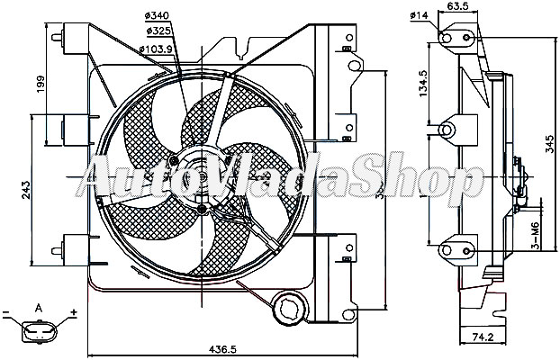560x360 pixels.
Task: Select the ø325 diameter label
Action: [x=158, y=31]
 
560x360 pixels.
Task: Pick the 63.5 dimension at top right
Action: [x=461, y=7]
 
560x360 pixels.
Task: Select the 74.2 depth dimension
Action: [x=483, y=337]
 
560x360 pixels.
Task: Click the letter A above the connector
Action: [x=39, y=309]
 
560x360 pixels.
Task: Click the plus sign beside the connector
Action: [x=74, y=313]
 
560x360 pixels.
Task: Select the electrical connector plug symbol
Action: [x=39, y=335]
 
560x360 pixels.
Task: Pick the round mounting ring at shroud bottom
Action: [x=290, y=309]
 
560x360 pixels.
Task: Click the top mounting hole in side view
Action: [x=446, y=35]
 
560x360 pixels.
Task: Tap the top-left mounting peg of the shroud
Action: [x=60, y=39]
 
